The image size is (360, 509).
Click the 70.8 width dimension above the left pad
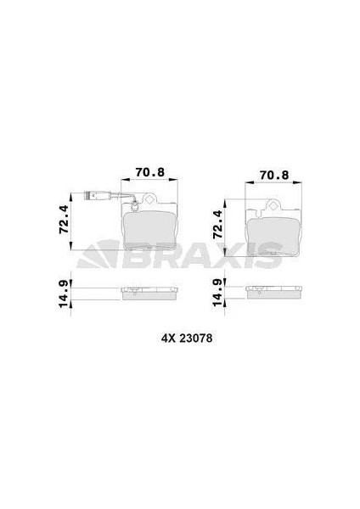[x=150, y=172]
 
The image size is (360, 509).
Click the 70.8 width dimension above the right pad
[x=274, y=176]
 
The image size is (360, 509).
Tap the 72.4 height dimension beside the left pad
[x=64, y=219]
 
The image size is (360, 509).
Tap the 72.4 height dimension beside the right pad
[x=218, y=225]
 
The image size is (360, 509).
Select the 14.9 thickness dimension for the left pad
[x=64, y=294]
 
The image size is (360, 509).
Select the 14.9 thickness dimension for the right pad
[x=218, y=293]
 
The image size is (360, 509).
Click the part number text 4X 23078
[x=187, y=338]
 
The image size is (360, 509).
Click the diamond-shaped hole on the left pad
[x=149, y=199]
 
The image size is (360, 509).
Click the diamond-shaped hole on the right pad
[x=273, y=204]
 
